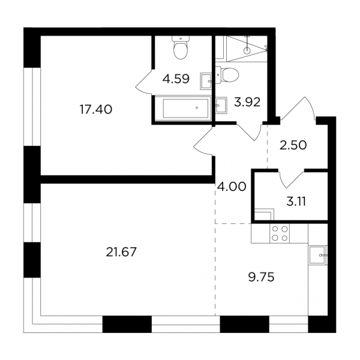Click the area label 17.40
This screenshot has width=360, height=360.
pos(96,109)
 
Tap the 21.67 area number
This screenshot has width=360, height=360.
pos(121,252)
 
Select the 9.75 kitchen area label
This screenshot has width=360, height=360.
pos(261,277)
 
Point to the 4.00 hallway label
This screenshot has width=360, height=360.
pos(232,187)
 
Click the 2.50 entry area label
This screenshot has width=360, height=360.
pos(293,145)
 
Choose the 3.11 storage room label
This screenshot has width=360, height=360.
pos(296,202)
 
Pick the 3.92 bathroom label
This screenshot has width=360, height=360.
pos(247,102)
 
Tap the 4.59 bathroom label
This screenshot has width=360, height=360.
pos(176,79)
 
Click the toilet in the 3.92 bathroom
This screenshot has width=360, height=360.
pos(227,74)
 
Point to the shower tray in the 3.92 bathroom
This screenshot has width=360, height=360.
pos(247,49)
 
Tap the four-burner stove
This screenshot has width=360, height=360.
pos(280,233)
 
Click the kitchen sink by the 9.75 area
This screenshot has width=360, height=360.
pos(318,255)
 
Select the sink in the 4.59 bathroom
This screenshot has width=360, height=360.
pos(206,81)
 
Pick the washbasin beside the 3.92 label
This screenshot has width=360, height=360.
pos(221,105)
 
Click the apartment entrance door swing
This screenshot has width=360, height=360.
pos(298,108)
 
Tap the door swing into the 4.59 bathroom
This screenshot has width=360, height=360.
pos(144,81)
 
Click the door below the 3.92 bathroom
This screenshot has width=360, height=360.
pos(250,132)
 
